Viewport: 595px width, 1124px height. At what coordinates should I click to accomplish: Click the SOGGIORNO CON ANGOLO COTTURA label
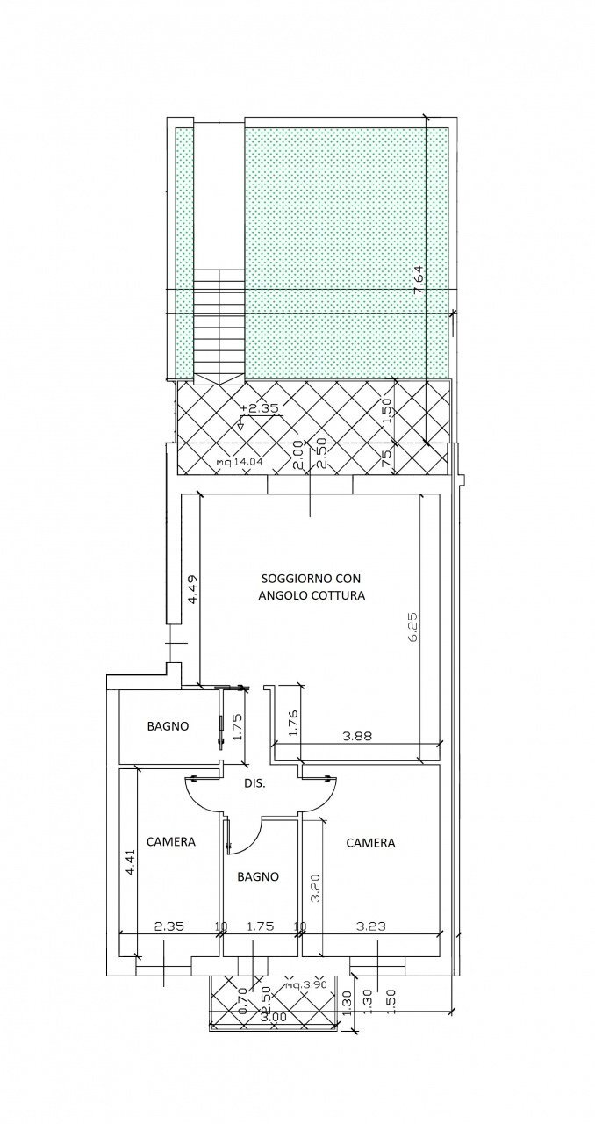click(312, 586)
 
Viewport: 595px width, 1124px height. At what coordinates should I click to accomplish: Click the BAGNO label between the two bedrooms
click(258, 876)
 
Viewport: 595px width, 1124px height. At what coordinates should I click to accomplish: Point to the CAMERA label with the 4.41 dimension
click(171, 841)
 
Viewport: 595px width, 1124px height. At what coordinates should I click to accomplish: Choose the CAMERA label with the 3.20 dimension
click(370, 842)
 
